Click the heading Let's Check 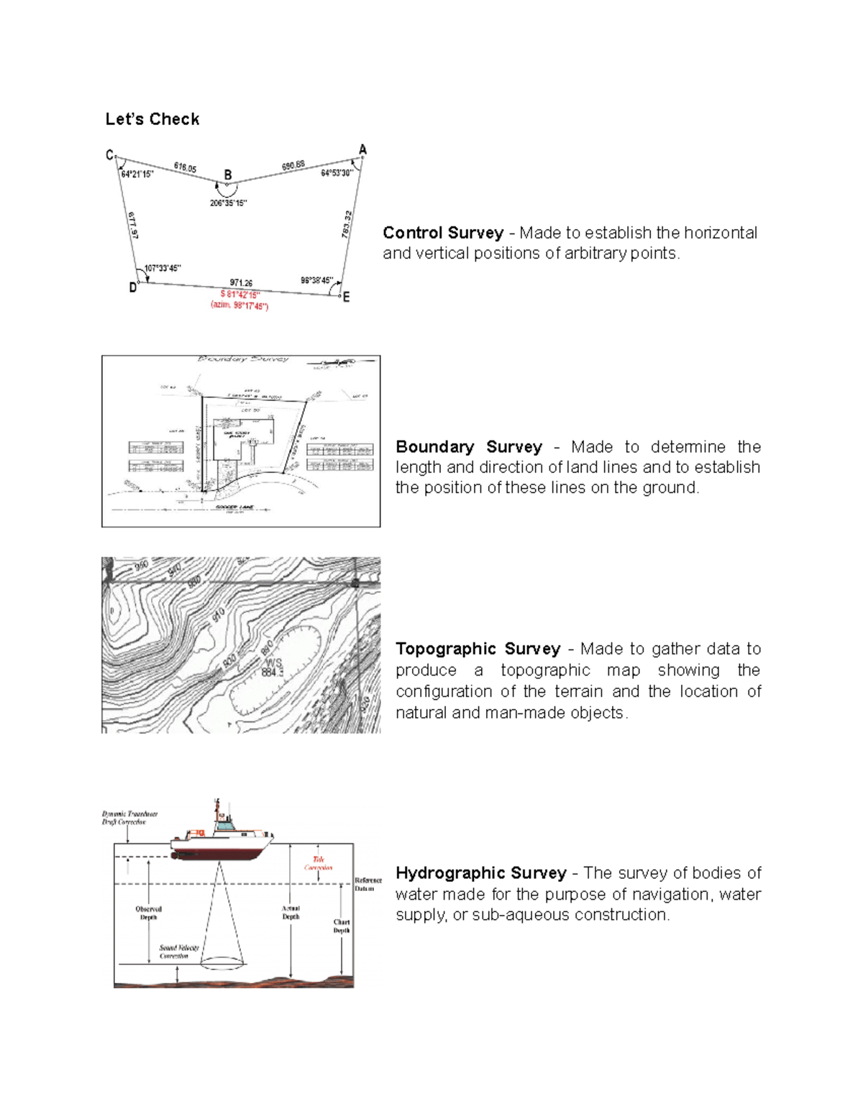tap(152, 119)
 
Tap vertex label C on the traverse tap(109, 155)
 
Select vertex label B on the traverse tap(228, 175)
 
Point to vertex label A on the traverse tap(362, 149)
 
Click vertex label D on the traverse tap(133, 287)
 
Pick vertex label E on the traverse tap(347, 297)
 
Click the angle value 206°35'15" tap(229, 203)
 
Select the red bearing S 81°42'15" tap(240, 295)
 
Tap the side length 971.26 tap(241, 283)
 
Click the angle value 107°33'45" tap(163, 269)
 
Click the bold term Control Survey tap(443, 233)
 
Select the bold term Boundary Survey tap(469, 447)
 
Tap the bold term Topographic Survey tap(478, 649)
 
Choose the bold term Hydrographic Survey tap(481, 873)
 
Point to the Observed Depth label tap(149, 913)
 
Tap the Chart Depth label tap(342, 926)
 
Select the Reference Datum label tap(367, 885)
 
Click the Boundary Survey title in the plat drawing tap(243, 359)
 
